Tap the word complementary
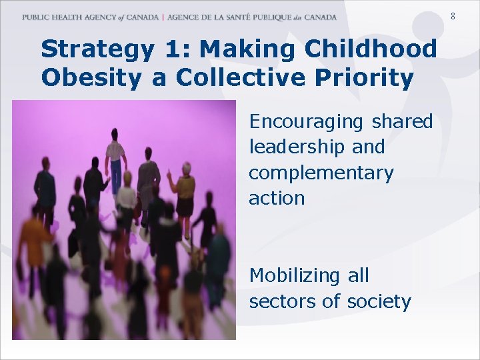(x=321, y=173)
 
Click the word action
(x=277, y=198)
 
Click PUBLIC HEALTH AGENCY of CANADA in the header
(x=90, y=17)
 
